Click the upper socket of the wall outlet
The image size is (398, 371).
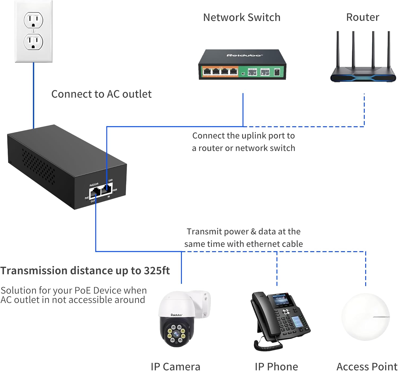pos(33,20)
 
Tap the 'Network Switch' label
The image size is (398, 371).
pos(241,18)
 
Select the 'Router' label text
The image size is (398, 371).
pos(362,17)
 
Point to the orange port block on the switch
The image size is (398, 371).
pos(220,72)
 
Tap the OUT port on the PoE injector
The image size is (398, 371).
pos(94,193)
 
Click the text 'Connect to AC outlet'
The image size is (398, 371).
pos(101,94)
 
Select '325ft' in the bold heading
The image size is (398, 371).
pos(157,271)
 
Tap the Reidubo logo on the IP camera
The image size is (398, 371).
pos(176,315)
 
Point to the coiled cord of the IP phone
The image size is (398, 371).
pos(268,345)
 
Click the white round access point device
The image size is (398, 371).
pos(365,317)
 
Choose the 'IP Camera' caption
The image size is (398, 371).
pos(175,366)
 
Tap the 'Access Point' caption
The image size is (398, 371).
pos(367,366)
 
